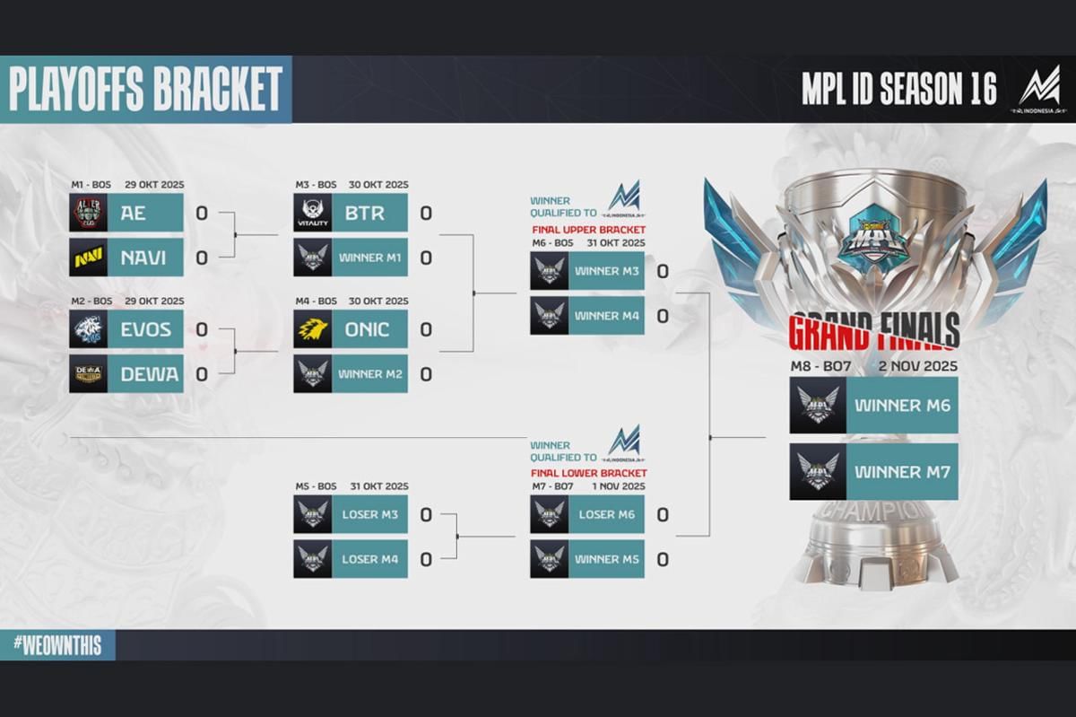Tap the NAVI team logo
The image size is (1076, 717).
point(89,258)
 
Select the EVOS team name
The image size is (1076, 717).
point(145,329)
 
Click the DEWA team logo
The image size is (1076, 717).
point(89,373)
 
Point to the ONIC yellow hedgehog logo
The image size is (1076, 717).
point(313,329)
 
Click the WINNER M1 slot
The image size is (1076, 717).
point(369,258)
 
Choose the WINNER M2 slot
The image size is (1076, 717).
point(369,373)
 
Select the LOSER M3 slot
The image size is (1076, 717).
point(369,514)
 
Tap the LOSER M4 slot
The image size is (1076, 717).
point(369,559)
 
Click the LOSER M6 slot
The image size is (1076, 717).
point(606,514)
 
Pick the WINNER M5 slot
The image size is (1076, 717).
point(606,559)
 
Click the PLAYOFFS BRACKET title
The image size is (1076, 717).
point(145,90)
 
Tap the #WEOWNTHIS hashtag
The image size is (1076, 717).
point(57,645)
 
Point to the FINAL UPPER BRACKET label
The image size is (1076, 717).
point(588,231)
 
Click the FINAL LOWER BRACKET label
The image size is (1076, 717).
point(588,473)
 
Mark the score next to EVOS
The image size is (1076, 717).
point(202,329)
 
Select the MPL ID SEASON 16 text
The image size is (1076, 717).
point(898,90)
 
